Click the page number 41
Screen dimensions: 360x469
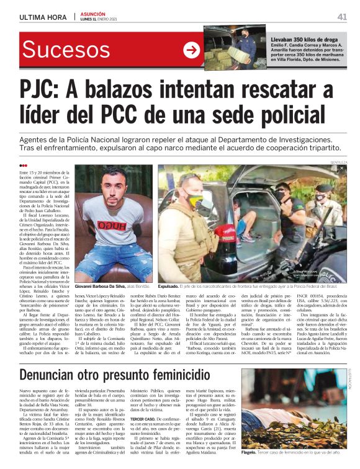(342, 17)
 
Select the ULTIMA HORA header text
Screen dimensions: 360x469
(43, 17)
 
